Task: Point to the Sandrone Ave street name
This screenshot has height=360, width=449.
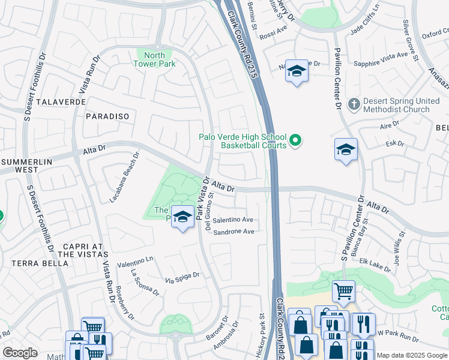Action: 234,232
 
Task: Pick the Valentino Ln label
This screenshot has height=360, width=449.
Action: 135,262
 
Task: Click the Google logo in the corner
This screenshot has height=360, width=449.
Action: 20,353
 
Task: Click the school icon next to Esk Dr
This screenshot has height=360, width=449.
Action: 346,150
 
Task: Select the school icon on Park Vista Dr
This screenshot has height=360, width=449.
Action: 182,217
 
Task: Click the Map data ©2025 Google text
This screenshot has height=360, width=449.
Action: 411,355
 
